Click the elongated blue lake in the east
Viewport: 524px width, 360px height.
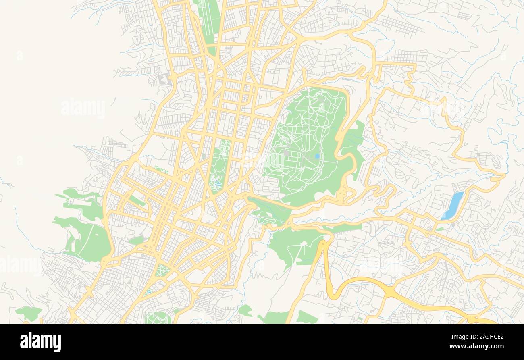[452, 205]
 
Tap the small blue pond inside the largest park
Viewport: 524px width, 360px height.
[317, 156]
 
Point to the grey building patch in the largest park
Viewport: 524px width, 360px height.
[286, 153]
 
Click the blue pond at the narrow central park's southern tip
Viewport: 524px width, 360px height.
[218, 185]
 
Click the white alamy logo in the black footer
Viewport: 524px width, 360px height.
[41, 342]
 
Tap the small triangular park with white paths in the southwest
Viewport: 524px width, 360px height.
[162, 270]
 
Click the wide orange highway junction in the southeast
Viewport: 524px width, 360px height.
[389, 291]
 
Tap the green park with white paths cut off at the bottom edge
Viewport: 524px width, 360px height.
[158, 317]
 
